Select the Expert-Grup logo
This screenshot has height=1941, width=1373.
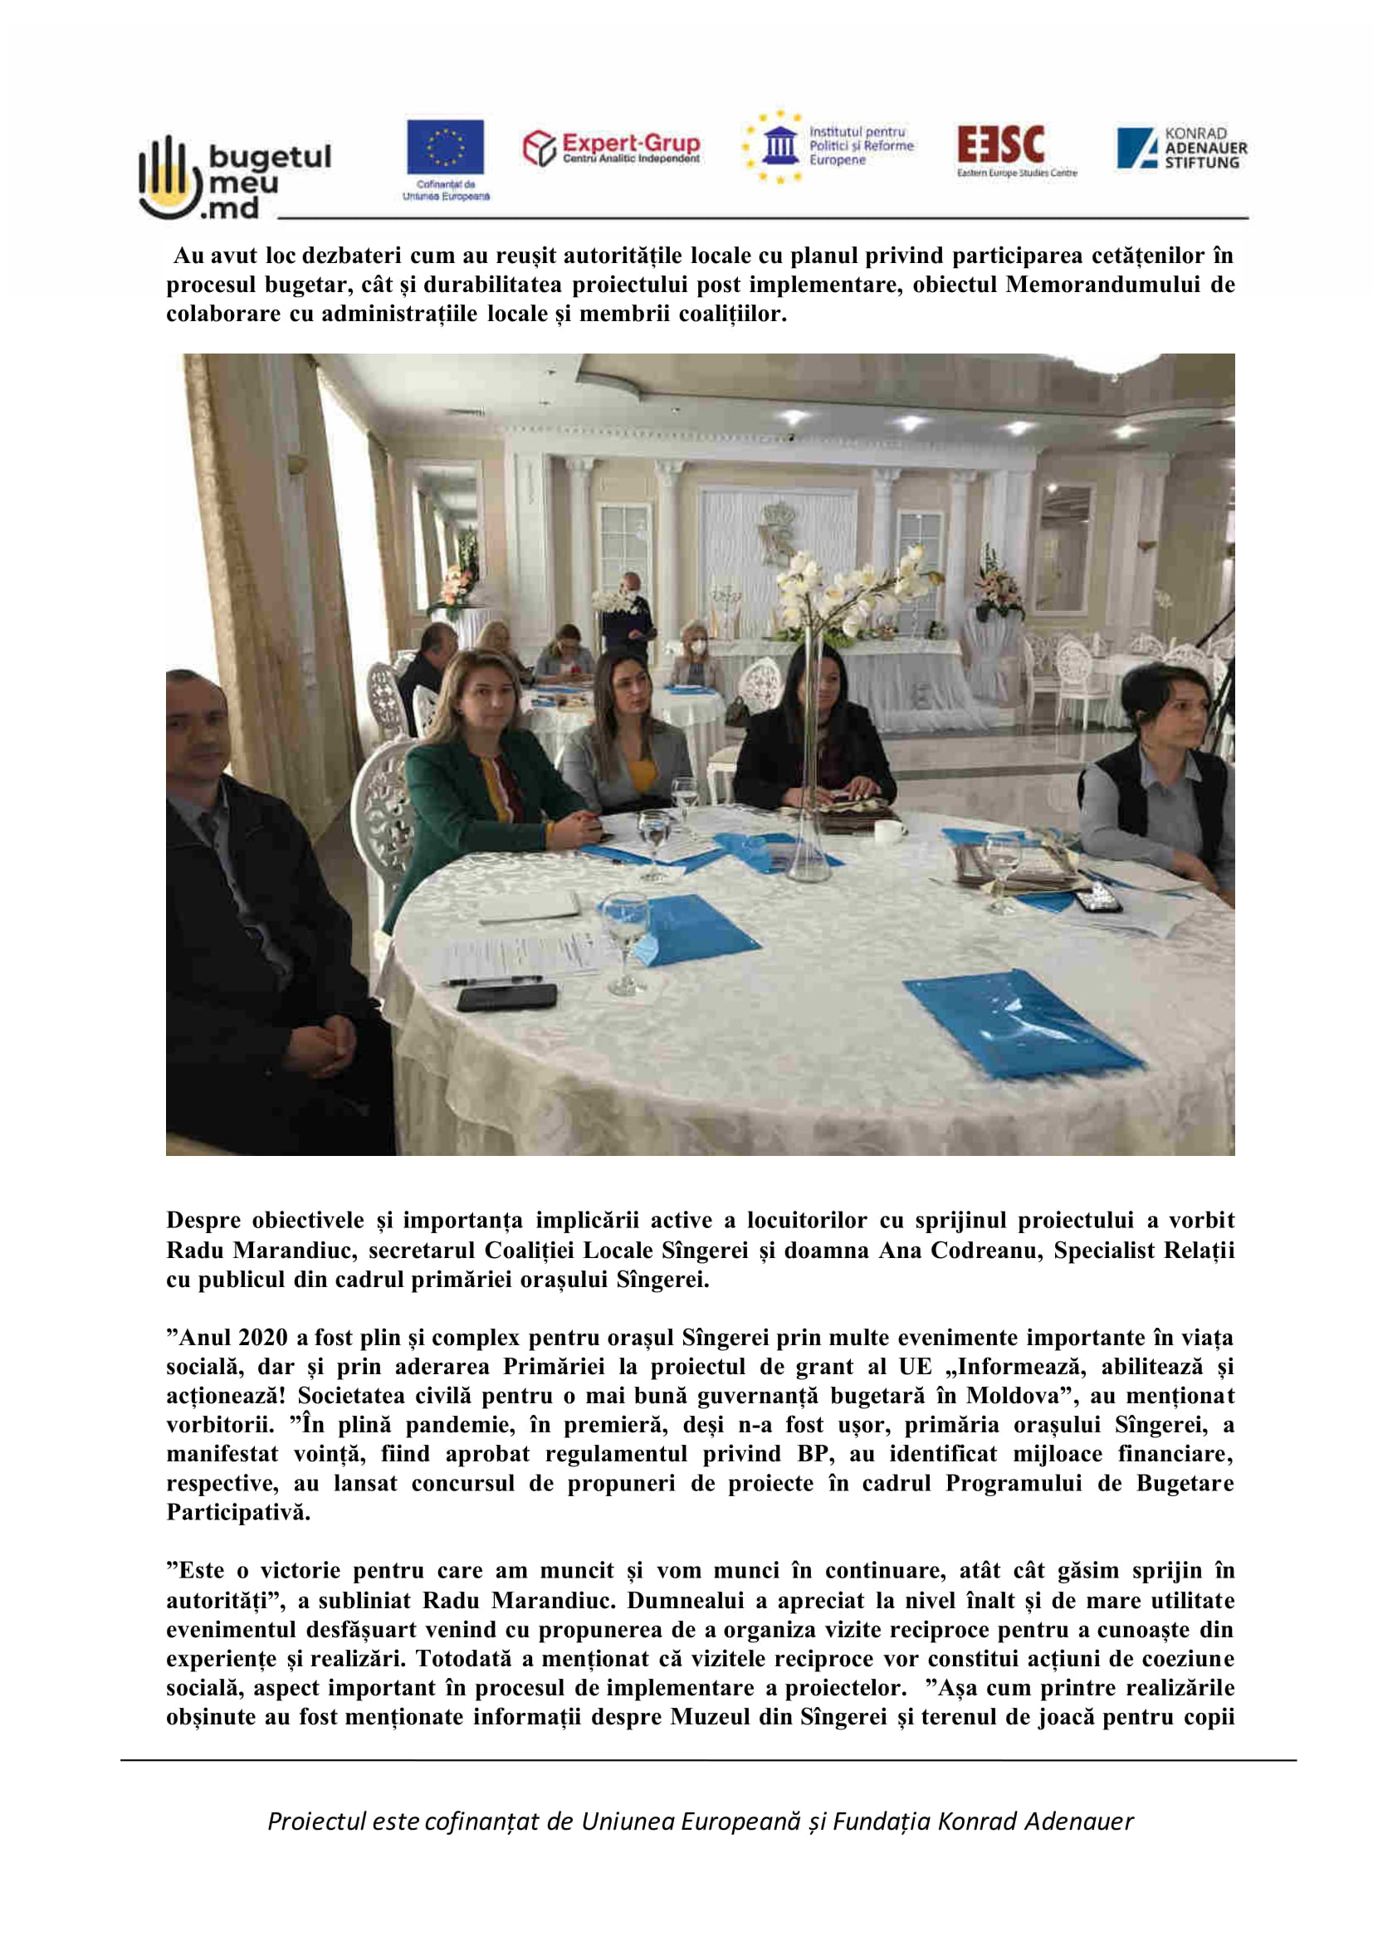point(610,148)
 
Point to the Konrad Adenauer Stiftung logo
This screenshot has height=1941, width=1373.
point(1181,148)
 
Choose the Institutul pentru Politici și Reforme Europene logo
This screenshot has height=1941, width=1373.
point(828,147)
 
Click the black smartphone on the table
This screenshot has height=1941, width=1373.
point(506,997)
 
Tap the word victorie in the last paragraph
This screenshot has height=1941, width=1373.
point(299,1571)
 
